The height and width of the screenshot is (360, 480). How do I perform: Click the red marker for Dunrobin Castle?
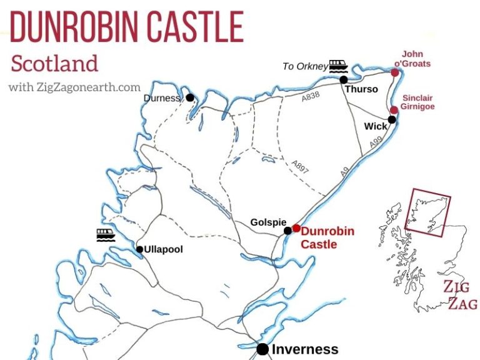[x=296, y=228]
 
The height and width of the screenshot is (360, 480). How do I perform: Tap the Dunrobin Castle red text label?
[x=328, y=237]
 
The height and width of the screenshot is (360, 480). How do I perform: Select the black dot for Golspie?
[x=287, y=231]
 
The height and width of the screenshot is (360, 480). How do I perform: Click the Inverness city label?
[x=305, y=349]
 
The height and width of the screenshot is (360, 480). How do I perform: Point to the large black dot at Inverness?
[x=262, y=349]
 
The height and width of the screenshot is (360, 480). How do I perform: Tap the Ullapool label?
[x=163, y=249]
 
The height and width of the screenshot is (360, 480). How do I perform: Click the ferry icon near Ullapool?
[x=106, y=235]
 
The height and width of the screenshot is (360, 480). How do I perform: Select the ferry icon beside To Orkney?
[x=338, y=66]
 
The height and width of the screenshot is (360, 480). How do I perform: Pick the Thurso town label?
[x=362, y=89]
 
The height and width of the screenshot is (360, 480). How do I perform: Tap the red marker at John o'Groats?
[x=394, y=72]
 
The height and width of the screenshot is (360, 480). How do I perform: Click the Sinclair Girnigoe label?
[x=418, y=102]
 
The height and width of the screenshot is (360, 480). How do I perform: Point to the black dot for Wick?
[x=392, y=119]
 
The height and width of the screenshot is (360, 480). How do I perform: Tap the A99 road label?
[x=376, y=144]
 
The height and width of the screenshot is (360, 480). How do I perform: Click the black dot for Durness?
[x=189, y=97]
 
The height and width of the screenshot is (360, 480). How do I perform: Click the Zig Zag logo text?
[x=460, y=296]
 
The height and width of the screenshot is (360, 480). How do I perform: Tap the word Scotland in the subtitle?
[x=55, y=63]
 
